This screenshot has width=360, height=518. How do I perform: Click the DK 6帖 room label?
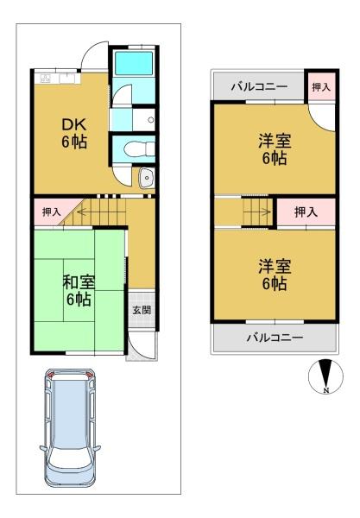coord(74,134)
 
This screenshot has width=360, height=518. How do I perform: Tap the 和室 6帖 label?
coord(79,291)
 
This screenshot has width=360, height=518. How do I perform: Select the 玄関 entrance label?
coord(142,310)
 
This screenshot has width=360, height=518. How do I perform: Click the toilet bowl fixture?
coord(139,148)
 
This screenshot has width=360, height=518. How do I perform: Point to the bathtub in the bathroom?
coord(134,63)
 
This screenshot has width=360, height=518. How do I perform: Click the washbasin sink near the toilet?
coord(146,178)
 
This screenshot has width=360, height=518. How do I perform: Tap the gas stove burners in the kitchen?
coord(45,79)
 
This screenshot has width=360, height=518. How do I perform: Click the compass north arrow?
coord(326,376)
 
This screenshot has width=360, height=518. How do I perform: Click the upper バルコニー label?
coord(259,87)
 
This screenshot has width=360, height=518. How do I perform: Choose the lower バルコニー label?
coord(275,338)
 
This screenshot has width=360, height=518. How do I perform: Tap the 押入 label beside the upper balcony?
coord(320,87)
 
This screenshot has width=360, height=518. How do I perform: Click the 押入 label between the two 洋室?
coord(306,212)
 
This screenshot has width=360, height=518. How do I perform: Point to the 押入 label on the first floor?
coord(52,212)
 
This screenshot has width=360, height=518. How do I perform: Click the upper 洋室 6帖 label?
coord(275,149)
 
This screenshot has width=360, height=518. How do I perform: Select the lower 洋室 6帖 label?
coord(275,275)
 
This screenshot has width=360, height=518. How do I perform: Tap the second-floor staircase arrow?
coord(257,212)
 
